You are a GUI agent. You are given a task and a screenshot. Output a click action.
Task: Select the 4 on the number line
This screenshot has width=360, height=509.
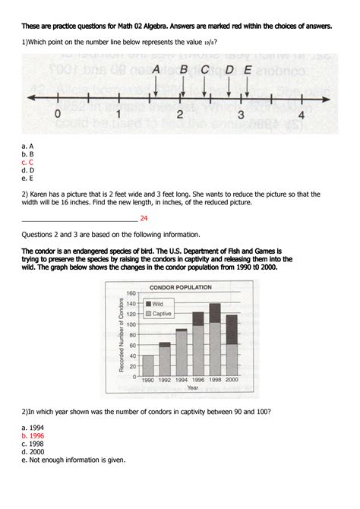[302, 115]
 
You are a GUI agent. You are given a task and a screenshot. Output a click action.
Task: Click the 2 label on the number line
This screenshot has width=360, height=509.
[180, 115]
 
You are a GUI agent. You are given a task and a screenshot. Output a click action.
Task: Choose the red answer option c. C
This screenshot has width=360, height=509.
[27, 162]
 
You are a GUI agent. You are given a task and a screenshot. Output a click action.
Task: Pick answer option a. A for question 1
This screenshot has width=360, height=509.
[27, 145]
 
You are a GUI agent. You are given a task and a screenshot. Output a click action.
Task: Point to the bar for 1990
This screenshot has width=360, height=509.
[147, 365]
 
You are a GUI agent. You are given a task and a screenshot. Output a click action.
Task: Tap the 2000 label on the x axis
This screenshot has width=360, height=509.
[232, 380]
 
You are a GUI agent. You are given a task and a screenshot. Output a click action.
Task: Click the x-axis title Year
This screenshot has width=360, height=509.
[193, 387]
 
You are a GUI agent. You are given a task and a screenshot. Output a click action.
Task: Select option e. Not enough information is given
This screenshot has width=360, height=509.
[74, 460]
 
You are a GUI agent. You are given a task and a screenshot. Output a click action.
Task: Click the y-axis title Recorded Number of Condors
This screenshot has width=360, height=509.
[120, 335]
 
